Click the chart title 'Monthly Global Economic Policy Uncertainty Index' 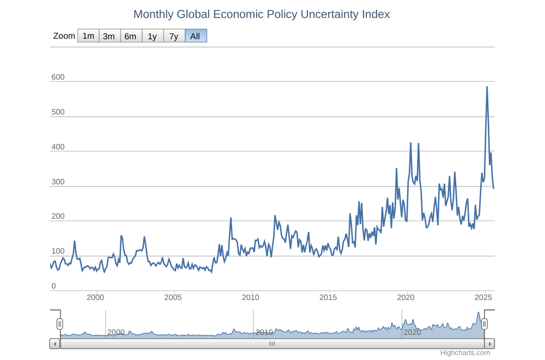coord(262,14)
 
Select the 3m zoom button coord(109,36)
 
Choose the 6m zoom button coord(130,36)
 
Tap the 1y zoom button coord(152,36)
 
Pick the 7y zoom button coord(173,36)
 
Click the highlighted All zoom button coord(195,36)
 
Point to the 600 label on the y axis coord(58,77)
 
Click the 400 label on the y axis coord(58,147)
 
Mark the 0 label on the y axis coord(53,286)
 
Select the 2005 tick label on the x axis coord(173,297)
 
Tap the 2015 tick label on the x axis coord(328,297)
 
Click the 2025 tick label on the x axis coord(483,297)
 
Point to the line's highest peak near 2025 coord(487,87)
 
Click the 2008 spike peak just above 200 coord(231,218)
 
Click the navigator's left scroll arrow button coord(55,344)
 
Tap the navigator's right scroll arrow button coord(489,344)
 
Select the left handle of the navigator coord(59,324)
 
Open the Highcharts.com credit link coord(465,353)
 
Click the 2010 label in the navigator coord(264,332)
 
